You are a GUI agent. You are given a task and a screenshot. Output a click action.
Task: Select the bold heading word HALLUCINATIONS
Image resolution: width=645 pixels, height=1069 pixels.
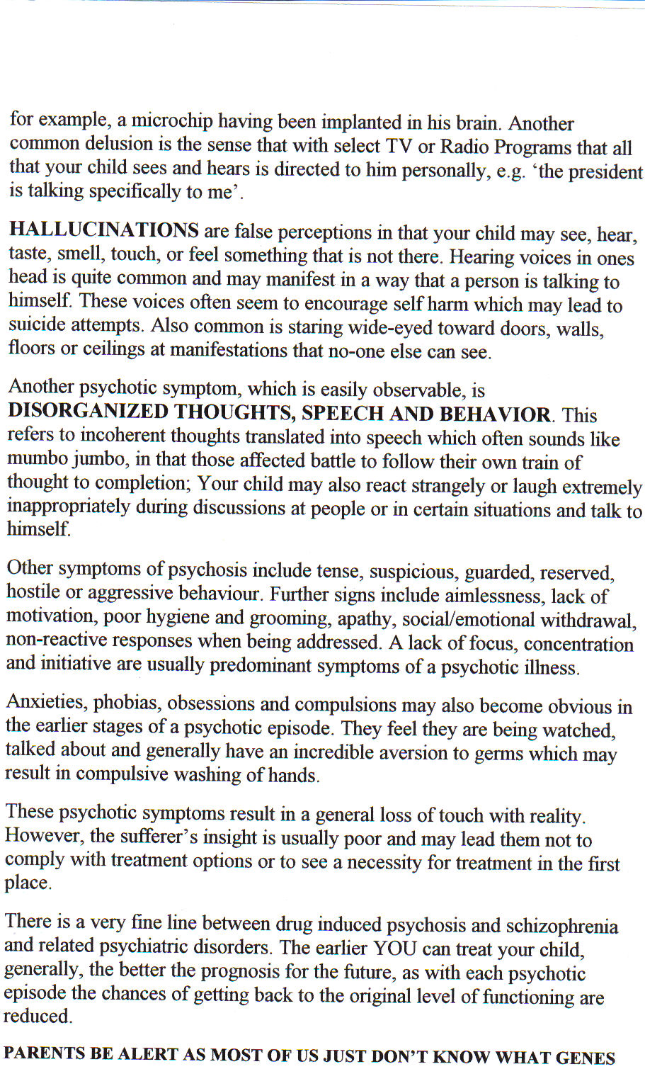tap(103, 230)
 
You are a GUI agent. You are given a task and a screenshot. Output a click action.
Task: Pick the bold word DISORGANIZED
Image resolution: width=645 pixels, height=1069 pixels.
tap(88, 412)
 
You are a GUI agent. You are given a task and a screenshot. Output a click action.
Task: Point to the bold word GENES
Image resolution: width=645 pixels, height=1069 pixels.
tap(585, 1058)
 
